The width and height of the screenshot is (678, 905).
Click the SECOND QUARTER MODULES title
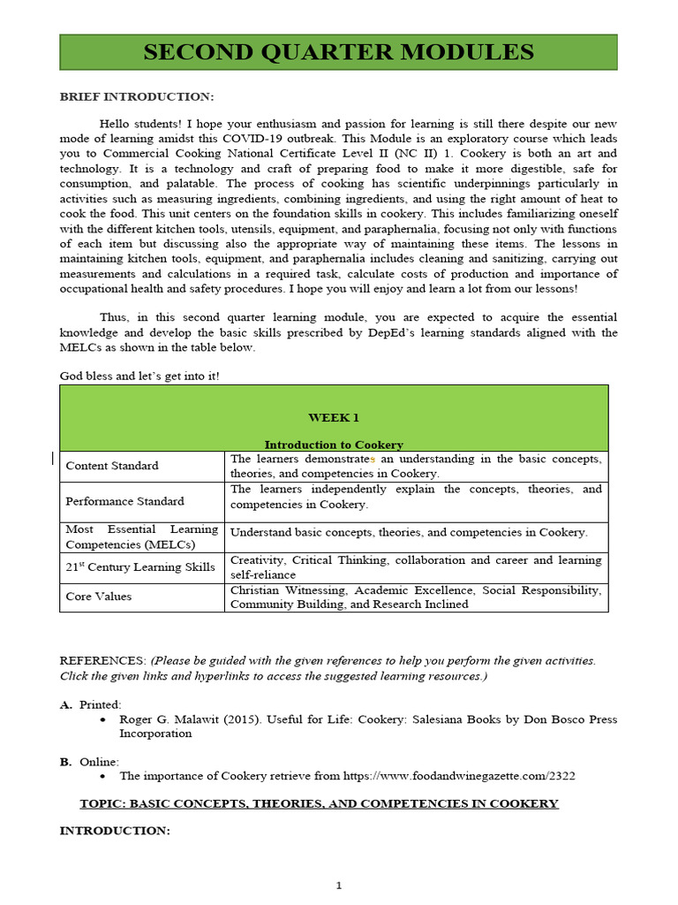338,52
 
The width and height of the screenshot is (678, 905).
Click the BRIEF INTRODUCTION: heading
136,96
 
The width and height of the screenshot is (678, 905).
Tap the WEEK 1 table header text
333,417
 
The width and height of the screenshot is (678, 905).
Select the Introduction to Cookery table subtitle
334,445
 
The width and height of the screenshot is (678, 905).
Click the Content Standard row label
112,466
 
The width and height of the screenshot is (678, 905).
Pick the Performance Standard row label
124,501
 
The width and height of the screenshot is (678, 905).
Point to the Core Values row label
99,597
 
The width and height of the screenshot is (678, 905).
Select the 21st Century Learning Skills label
140,567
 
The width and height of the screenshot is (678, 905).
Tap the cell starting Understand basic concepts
408,532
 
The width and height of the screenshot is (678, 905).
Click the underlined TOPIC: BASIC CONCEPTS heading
319,803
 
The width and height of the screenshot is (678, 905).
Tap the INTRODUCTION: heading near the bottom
114,831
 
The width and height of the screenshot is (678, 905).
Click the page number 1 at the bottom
338,886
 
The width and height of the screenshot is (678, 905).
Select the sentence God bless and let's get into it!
139,376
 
